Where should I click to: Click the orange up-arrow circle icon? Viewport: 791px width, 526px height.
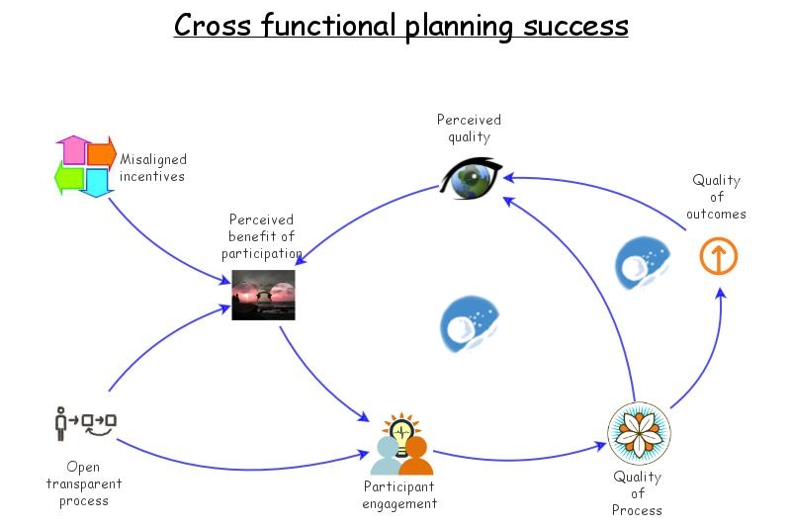pos(718,257)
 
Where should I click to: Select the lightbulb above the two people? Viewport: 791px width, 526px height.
pos(400,432)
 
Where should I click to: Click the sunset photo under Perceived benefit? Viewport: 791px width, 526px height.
pos(263,295)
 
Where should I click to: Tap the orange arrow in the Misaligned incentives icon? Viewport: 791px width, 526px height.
pos(102,153)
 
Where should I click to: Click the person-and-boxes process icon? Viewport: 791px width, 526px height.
pos(85,422)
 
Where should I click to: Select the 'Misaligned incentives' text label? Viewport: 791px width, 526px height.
pos(152,168)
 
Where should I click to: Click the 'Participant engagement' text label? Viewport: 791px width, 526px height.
pos(399,495)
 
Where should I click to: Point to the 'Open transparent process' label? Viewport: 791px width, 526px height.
pos(83,483)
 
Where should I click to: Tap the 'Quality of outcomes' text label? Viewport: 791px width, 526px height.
pos(716,197)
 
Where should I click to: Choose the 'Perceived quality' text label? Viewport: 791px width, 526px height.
pos(469,129)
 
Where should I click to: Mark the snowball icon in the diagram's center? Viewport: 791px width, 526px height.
pos(469,323)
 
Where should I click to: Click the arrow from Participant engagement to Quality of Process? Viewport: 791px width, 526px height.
pos(519,458)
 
